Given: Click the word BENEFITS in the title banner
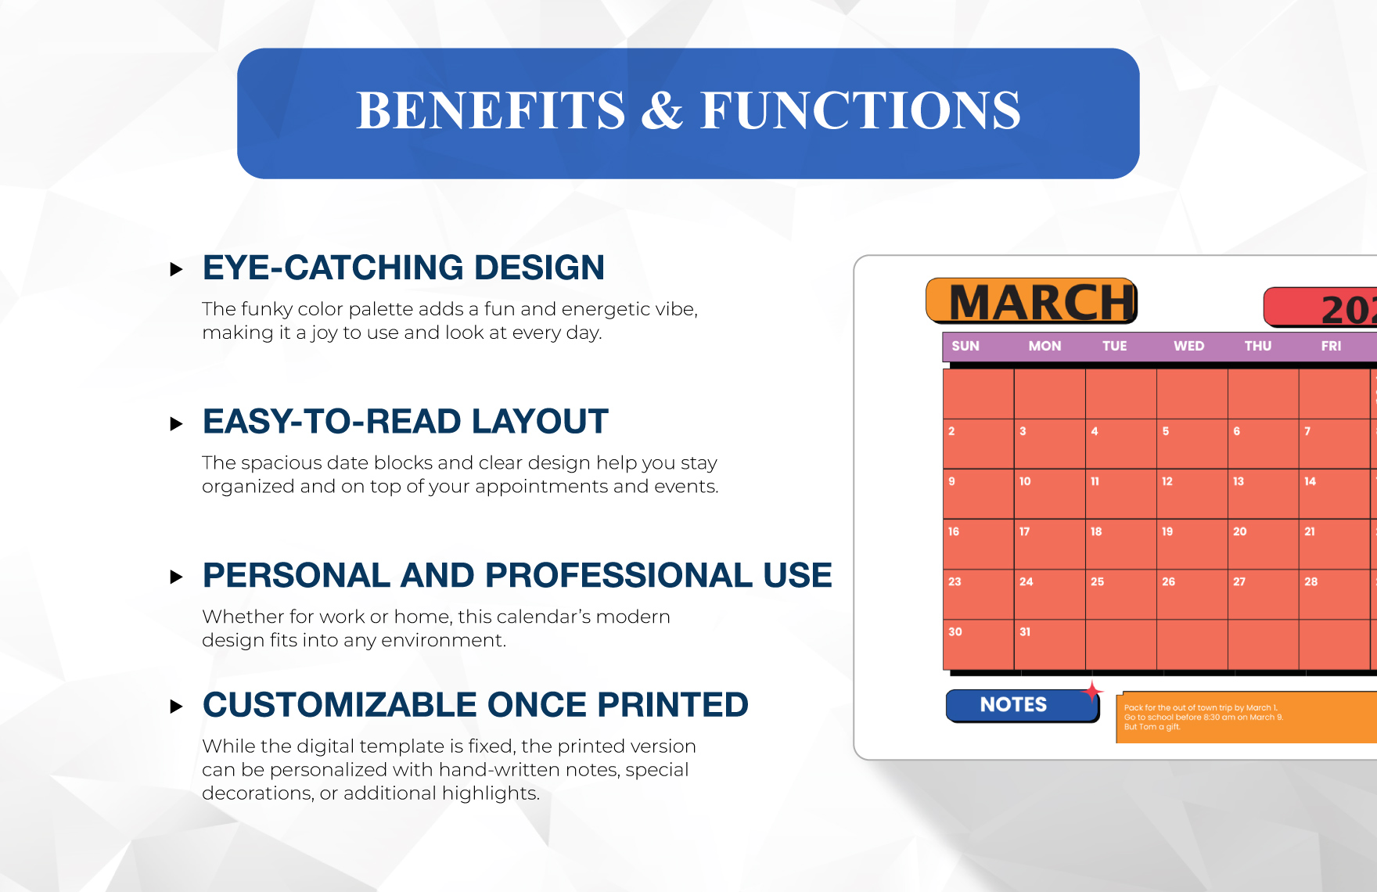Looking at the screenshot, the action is click(x=491, y=110).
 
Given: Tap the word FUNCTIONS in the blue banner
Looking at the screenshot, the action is click(x=861, y=110).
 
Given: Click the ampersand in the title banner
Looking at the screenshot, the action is click(x=663, y=110).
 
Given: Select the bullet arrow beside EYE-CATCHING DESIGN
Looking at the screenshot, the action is click(x=176, y=270).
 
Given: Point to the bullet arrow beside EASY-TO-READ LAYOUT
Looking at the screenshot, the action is click(x=176, y=424).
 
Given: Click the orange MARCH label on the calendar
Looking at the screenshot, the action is click(x=1031, y=301).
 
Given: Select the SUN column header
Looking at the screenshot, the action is click(x=965, y=346).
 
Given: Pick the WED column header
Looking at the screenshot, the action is click(x=1188, y=346).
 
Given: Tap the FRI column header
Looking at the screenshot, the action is click(x=1331, y=346).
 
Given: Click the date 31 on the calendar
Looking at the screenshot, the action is click(x=1025, y=632).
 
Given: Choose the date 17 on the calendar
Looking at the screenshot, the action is click(x=1025, y=532).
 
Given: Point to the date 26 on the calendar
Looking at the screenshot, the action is click(x=1168, y=582).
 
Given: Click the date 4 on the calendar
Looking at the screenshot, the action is click(x=1095, y=431).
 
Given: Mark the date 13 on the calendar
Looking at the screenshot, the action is click(x=1239, y=481).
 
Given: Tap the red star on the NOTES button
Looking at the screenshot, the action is click(x=1092, y=692).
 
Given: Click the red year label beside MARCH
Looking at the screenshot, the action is click(x=1321, y=308).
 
